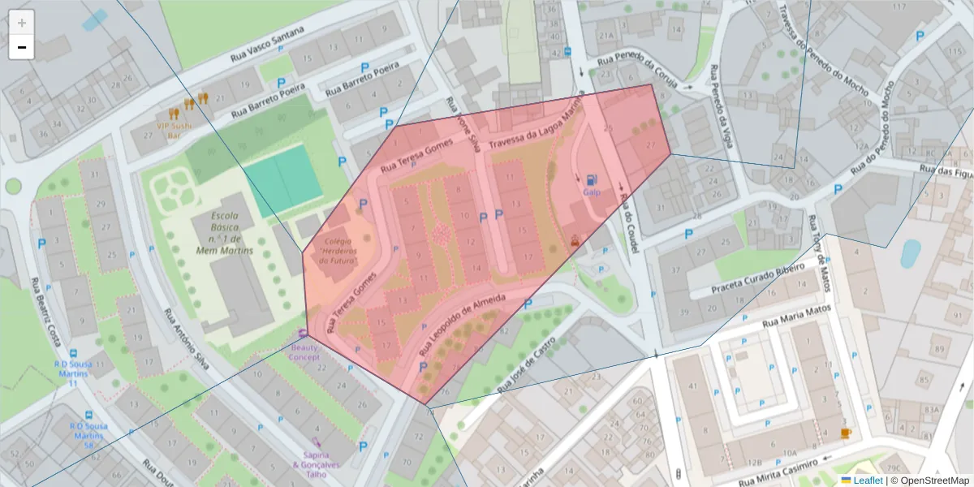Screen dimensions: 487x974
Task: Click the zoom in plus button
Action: click(22, 23)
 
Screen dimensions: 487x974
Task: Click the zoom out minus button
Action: click(22, 48)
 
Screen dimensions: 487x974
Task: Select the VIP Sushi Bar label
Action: click(173, 130)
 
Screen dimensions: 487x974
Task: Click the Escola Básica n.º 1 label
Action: click(225, 234)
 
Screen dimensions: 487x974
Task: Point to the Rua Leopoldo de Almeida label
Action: click(462, 327)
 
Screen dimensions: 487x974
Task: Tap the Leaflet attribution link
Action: click(868, 481)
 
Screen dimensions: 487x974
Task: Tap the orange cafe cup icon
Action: click(846, 433)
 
